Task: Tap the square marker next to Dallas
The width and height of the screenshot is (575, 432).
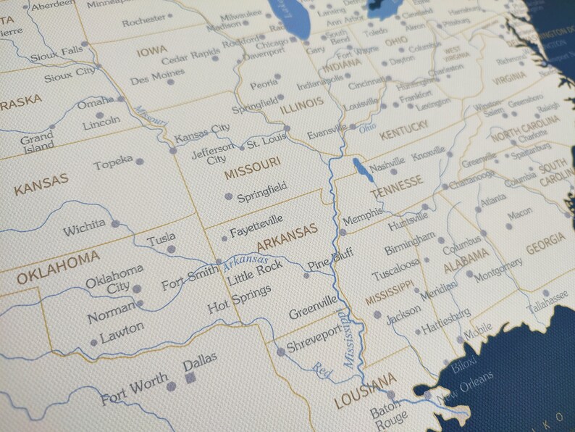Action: coord(191,378)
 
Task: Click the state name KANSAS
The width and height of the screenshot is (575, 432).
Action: coord(41,184)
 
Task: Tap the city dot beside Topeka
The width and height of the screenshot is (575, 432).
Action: coord(139,162)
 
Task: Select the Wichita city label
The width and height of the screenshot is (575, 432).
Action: coord(84,230)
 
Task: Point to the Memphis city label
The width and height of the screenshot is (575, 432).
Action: coord(363,218)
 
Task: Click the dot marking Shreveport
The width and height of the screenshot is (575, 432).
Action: coord(281,352)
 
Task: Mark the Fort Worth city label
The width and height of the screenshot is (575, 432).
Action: coord(135,388)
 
